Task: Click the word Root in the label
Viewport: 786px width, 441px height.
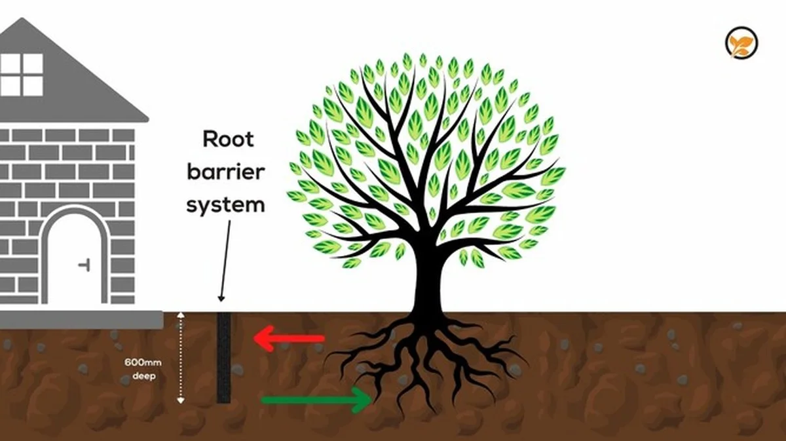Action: click(225, 140)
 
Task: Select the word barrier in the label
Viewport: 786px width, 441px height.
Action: click(225, 172)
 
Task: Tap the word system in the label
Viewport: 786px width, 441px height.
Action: click(225, 204)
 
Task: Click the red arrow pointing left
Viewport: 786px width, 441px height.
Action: click(289, 339)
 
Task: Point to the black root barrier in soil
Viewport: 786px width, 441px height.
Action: click(224, 357)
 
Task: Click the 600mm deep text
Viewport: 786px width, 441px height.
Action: click(139, 368)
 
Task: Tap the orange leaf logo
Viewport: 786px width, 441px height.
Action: click(741, 45)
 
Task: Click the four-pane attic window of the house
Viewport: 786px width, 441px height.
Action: click(21, 75)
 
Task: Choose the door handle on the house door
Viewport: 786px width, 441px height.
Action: click(84, 265)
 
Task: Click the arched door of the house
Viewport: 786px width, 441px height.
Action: click(73, 259)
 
